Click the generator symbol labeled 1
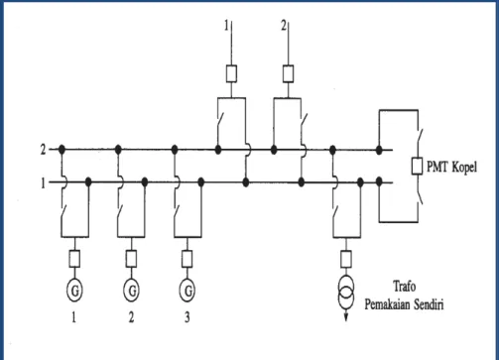tap(74, 291)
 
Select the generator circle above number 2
tap(131, 291)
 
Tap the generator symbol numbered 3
tap(187, 291)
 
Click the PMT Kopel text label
tap(451, 168)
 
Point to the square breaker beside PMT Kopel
tap(417, 167)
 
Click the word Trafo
tap(405, 287)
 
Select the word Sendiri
tap(429, 304)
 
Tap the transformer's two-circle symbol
tap(346, 293)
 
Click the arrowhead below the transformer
tap(346, 317)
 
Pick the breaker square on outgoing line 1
tap(231, 73)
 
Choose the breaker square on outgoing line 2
tap(289, 73)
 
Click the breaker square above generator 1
tap(74, 259)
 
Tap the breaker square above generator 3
tap(187, 259)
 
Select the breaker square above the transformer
tap(346, 259)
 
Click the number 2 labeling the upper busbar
tap(43, 150)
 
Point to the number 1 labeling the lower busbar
tap(43, 182)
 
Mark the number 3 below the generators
tap(187, 317)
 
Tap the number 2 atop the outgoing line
tap(284, 26)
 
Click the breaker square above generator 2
tap(131, 259)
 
